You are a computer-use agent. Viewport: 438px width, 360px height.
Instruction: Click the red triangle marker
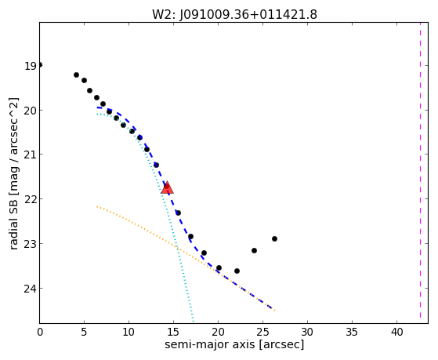(x=168, y=187)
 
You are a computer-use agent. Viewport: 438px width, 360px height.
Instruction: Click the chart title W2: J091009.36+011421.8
(x=234, y=15)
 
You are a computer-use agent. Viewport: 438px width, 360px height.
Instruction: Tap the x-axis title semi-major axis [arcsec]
(x=234, y=344)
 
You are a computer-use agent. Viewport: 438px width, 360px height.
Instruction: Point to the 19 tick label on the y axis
(x=31, y=67)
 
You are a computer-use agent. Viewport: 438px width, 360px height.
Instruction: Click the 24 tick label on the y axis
(x=31, y=289)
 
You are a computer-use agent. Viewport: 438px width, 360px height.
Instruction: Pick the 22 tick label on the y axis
(x=31, y=199)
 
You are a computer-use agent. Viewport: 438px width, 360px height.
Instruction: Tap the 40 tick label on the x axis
(x=397, y=332)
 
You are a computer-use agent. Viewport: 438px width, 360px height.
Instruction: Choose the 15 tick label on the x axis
(x=173, y=332)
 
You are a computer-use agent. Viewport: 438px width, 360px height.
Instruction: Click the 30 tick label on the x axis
(x=308, y=332)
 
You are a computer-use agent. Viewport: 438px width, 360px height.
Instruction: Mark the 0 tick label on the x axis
(x=40, y=332)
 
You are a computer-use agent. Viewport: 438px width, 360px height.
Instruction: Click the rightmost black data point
(x=274, y=239)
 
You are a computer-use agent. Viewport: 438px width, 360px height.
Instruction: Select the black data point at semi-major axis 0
(x=40, y=65)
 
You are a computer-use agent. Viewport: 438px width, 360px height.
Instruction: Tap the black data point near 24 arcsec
(x=254, y=250)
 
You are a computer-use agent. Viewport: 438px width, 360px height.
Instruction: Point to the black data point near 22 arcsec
(x=237, y=271)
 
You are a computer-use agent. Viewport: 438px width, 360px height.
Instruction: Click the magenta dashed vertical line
(x=420, y=170)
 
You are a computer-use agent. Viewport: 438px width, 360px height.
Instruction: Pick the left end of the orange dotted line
(x=97, y=206)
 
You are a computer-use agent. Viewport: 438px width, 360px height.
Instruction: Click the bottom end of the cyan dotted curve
(x=193, y=321)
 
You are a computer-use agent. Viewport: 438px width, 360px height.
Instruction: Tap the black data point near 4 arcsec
(x=76, y=75)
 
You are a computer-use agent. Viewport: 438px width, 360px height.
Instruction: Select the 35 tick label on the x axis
(x=353, y=332)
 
